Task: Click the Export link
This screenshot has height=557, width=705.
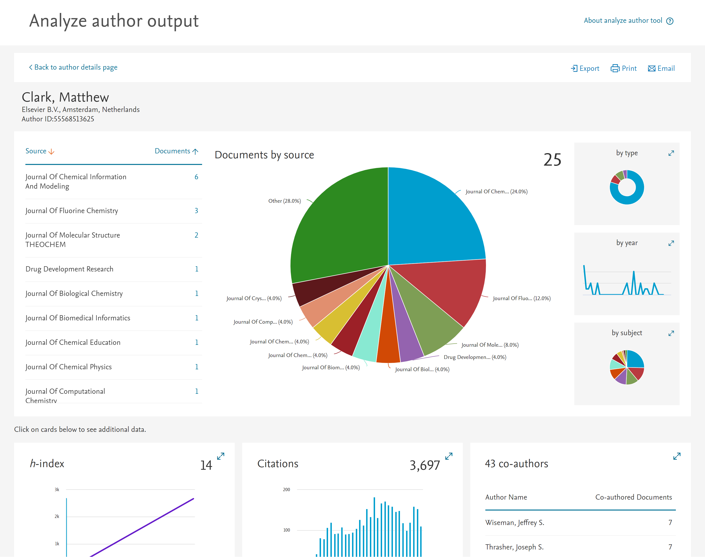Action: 585,68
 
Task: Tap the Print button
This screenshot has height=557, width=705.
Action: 623,68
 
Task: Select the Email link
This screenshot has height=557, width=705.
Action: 661,68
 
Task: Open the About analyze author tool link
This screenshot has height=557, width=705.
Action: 623,20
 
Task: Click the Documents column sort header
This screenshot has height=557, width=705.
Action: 176,151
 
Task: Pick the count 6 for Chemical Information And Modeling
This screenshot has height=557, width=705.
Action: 196,177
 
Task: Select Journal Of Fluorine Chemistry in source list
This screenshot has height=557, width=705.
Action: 72,211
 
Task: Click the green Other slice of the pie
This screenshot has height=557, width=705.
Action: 339,228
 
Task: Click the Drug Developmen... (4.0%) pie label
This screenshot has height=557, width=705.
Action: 475,357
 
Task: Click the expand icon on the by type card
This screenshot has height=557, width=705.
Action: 671,153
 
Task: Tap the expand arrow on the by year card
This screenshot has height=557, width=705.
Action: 671,243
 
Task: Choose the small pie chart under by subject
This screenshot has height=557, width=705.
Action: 627,367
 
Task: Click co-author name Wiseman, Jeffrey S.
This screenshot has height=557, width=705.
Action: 514,523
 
